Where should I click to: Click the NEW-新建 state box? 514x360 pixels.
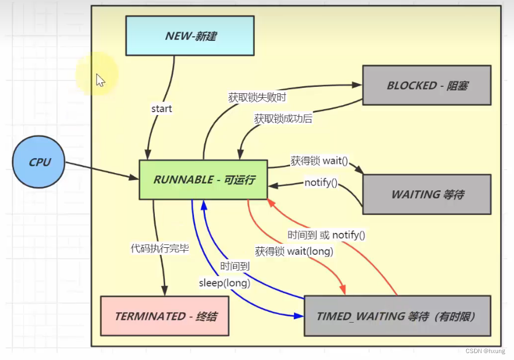click(x=190, y=36)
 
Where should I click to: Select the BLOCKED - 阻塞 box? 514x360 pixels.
click(x=427, y=85)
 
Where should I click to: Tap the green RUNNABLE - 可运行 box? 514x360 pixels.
click(x=203, y=179)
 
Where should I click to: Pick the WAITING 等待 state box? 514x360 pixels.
click(x=427, y=194)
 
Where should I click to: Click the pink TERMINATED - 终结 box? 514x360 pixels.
click(x=165, y=316)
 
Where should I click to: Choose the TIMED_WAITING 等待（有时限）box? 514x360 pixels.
click(x=397, y=316)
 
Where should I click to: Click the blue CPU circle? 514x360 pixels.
click(x=39, y=162)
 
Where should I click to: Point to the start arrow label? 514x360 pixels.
click(x=162, y=109)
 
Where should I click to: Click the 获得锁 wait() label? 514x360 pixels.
click(x=319, y=161)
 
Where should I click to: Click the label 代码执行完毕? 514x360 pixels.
click(x=160, y=249)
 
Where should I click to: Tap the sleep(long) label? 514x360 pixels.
click(x=224, y=283)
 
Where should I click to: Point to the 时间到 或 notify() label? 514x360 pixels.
click(x=326, y=235)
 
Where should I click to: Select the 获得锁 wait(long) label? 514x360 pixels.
click(x=294, y=251)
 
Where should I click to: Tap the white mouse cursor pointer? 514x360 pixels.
click(x=100, y=80)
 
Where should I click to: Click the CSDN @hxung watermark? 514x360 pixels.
click(x=485, y=351)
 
